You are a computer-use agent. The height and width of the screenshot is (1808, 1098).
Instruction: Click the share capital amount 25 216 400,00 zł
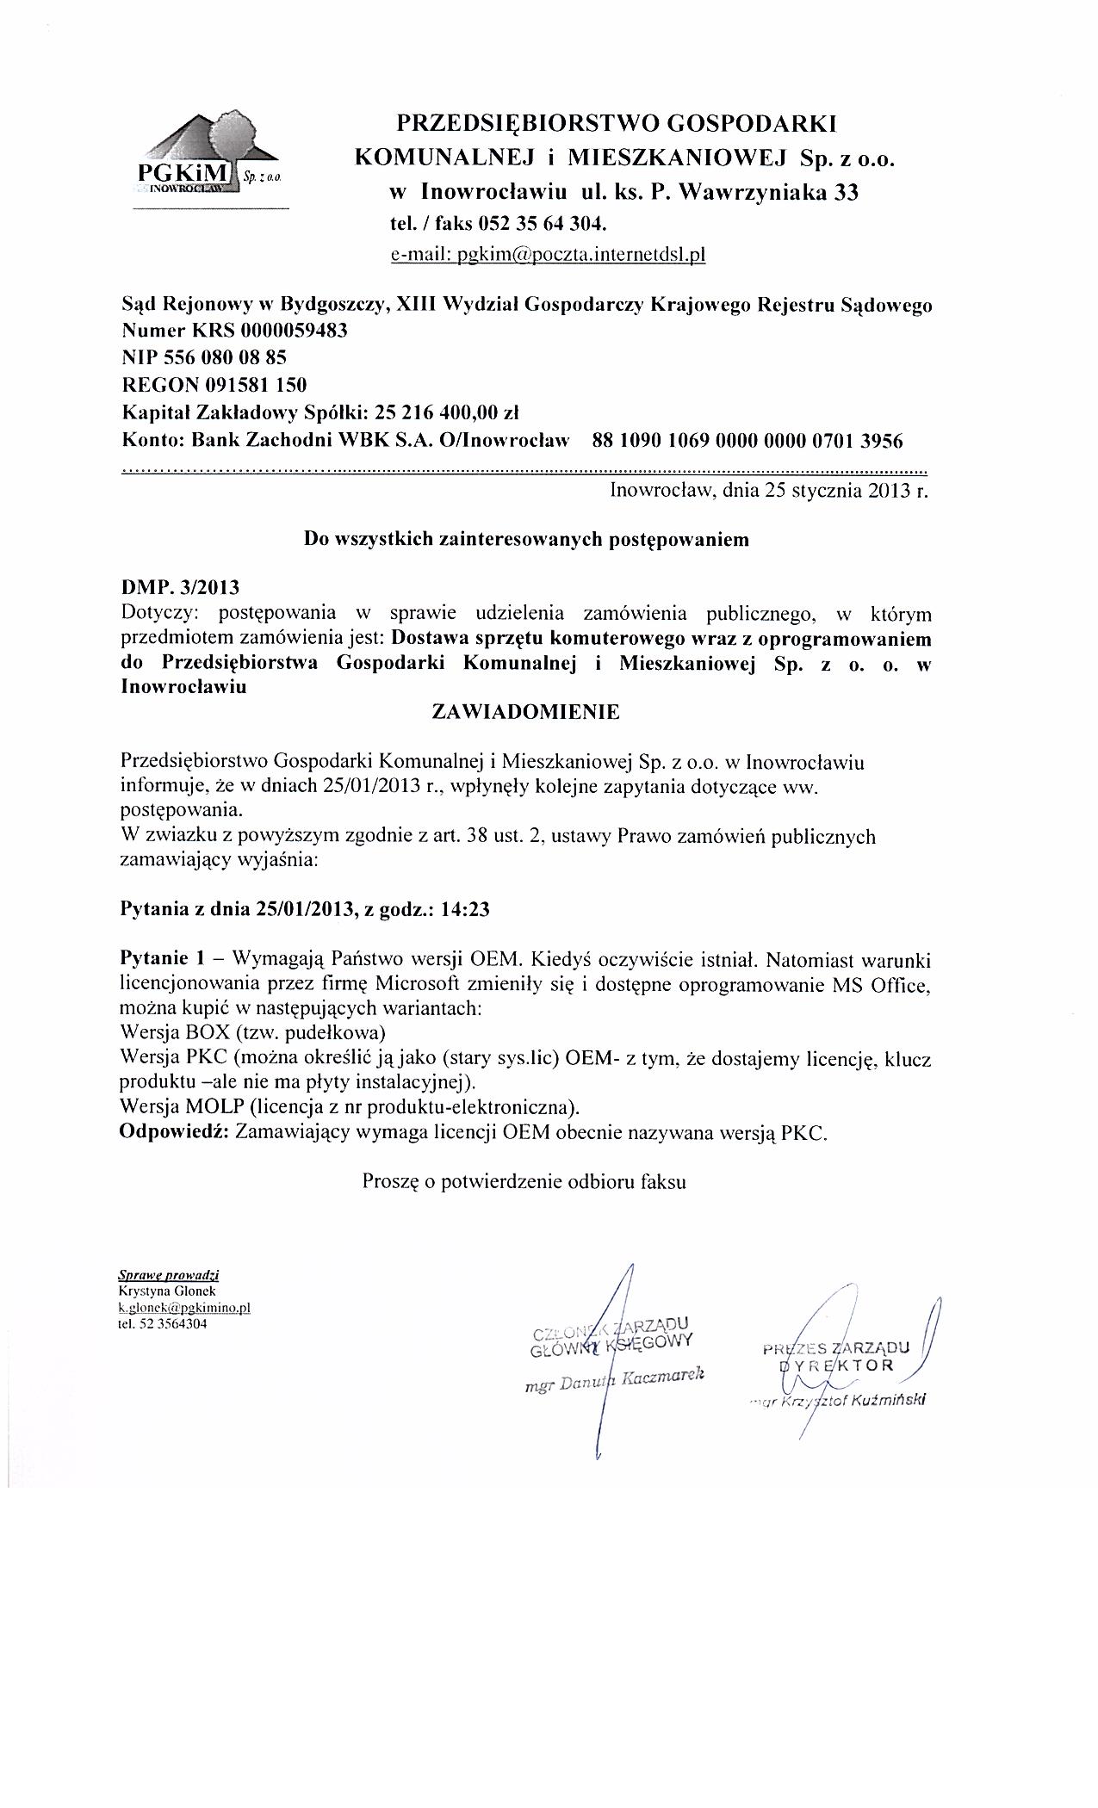pyautogui.click(x=444, y=411)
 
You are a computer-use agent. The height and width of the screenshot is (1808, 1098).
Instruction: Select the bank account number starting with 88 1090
pyautogui.click(x=748, y=441)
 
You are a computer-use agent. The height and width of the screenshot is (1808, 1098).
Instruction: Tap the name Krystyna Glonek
pyautogui.click(x=167, y=1291)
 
